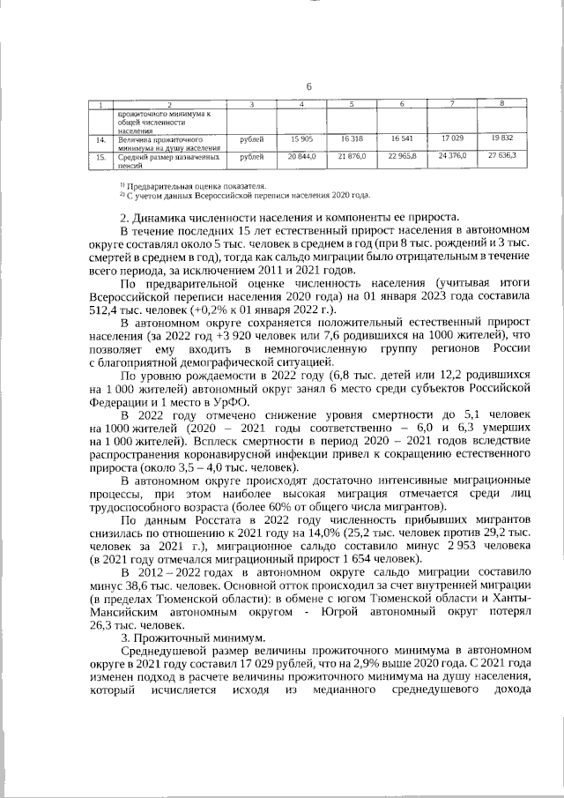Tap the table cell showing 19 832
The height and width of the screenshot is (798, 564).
pos(502,140)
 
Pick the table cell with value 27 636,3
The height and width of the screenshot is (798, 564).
pos(502,156)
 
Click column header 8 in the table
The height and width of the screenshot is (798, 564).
pos(502,105)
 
